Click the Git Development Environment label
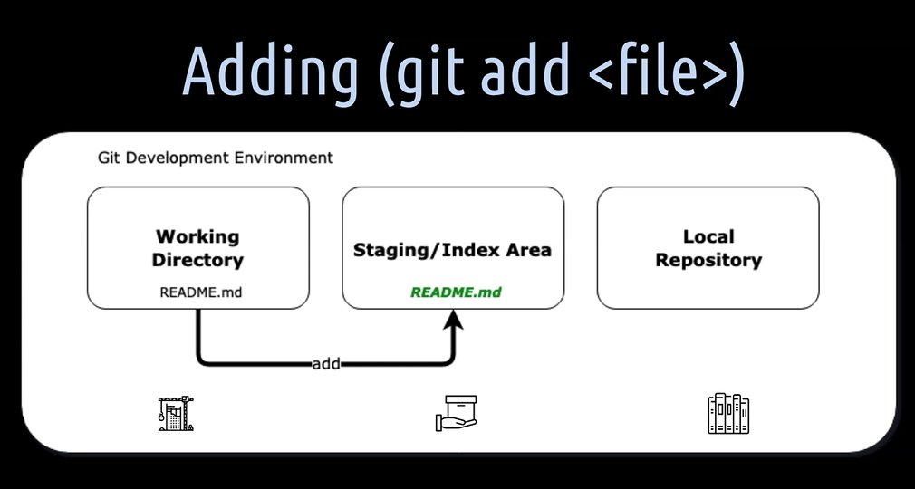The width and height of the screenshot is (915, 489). (x=216, y=158)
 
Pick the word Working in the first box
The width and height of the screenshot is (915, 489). (x=197, y=237)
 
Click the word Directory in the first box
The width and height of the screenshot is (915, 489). (x=197, y=260)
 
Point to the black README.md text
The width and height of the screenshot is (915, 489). (x=200, y=292)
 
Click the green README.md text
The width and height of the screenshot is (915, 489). (x=456, y=292)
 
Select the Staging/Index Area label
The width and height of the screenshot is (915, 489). (x=452, y=250)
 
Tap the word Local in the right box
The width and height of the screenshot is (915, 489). (x=708, y=237)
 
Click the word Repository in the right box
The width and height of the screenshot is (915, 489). (x=708, y=260)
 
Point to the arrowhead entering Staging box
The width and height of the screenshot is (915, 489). (x=453, y=321)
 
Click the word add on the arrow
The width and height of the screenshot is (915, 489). (x=325, y=364)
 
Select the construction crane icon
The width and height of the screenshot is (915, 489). (x=176, y=414)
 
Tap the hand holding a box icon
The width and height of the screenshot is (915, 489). (x=457, y=413)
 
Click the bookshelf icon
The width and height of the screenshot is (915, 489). (x=728, y=413)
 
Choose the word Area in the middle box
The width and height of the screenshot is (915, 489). (x=529, y=250)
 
